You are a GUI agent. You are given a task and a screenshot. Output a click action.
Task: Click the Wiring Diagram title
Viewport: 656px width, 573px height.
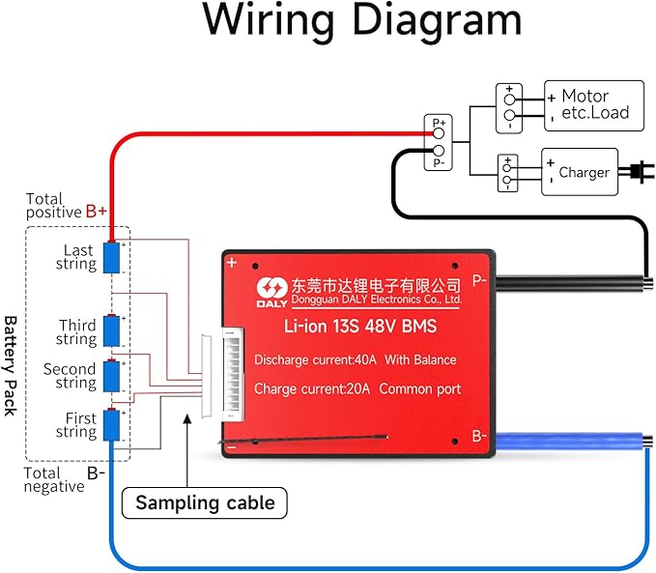361,21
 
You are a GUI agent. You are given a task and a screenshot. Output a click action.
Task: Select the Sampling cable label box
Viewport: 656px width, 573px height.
205,502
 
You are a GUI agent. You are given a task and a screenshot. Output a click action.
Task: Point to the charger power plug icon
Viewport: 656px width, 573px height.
636,173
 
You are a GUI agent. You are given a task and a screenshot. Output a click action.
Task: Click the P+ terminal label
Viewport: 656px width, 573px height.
439,124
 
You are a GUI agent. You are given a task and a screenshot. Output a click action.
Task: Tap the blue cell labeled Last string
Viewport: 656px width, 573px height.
112,257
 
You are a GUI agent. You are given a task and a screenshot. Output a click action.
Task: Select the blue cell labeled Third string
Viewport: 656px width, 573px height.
112,330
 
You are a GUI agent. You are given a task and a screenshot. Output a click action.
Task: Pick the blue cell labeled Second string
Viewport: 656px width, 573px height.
112,375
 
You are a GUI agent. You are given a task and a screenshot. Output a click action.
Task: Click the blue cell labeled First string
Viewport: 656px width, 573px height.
112,425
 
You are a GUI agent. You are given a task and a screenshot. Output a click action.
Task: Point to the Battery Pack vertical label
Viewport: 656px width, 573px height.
11,364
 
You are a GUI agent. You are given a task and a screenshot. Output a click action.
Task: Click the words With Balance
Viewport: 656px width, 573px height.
421,360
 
